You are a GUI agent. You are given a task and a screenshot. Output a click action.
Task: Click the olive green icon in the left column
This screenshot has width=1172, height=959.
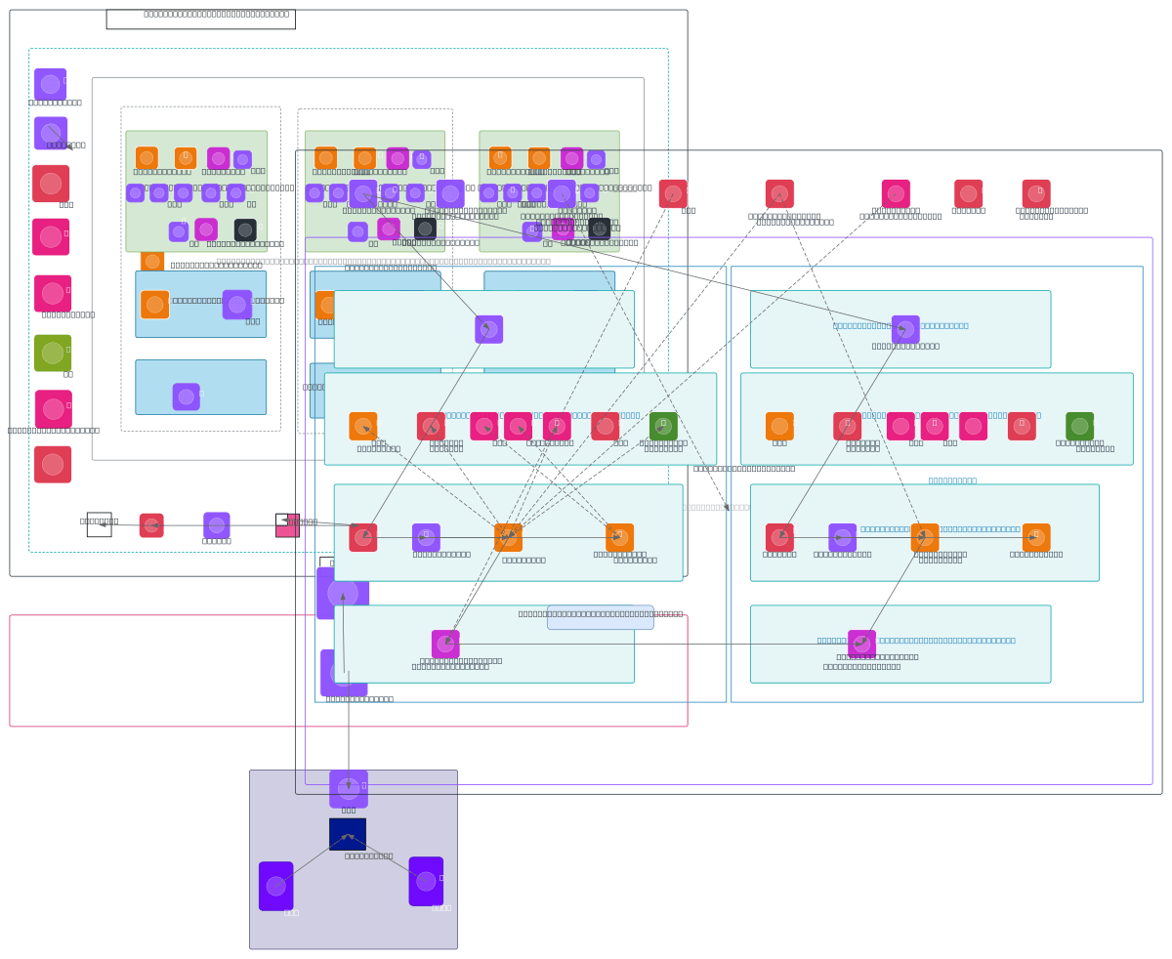(53, 353)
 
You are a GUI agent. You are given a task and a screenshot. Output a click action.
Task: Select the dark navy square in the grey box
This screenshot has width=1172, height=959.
(348, 834)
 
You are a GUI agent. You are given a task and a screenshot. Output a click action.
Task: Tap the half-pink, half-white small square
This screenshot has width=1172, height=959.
(287, 525)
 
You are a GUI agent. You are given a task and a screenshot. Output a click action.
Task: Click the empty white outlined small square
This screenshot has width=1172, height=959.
(99, 524)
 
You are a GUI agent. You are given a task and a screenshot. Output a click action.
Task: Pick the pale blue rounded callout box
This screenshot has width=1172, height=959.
(601, 617)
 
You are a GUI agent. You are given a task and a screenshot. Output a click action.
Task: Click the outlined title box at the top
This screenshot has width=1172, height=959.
(200, 19)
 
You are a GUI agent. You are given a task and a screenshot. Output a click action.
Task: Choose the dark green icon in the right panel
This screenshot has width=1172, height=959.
(1079, 426)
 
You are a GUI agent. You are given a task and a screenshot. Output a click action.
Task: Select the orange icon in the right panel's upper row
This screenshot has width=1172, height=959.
(779, 426)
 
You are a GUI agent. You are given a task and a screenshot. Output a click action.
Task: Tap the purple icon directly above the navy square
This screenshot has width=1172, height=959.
(349, 788)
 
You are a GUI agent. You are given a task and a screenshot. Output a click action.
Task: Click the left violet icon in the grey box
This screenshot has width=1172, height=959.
(276, 886)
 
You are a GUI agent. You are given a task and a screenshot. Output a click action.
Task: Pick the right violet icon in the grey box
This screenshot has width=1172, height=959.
(426, 881)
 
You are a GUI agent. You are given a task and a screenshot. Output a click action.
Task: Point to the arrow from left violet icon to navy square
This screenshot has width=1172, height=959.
(313, 859)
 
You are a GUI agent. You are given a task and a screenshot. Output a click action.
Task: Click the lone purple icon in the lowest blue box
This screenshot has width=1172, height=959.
(186, 396)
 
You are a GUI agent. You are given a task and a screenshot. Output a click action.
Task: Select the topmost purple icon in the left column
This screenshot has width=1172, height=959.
(50, 84)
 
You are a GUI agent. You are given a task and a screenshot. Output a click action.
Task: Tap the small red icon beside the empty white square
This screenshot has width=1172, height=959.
(151, 525)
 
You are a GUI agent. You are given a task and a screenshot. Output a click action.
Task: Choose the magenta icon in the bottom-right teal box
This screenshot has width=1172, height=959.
(861, 645)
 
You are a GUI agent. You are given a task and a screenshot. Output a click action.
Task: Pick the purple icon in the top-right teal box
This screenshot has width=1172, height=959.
(905, 329)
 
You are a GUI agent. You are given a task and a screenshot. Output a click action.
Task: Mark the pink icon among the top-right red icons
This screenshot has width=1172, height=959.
(896, 193)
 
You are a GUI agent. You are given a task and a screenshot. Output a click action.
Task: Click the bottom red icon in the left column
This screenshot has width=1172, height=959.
(53, 465)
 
